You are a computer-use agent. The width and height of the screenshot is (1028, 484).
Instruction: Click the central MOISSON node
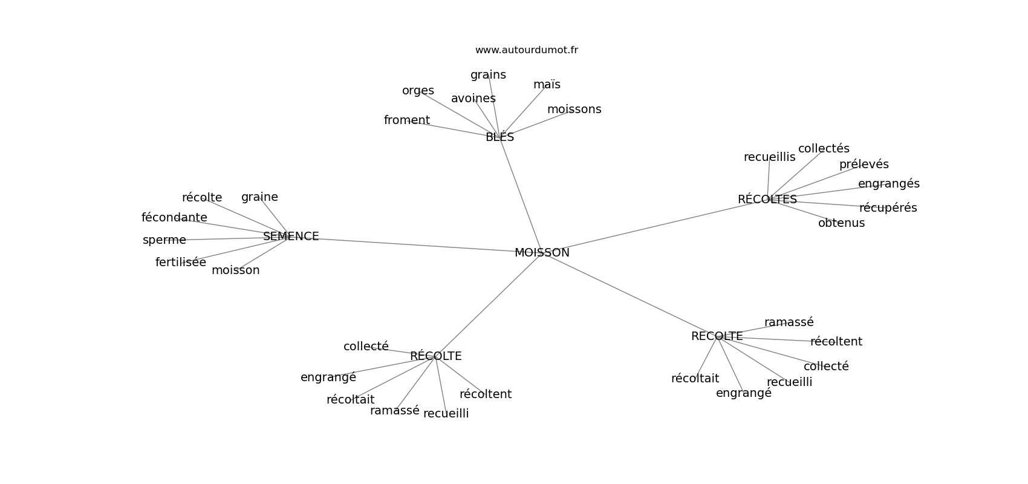542,253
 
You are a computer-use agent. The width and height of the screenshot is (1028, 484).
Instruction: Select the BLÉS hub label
499,137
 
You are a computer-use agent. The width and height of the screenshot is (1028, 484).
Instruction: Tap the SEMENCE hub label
291,237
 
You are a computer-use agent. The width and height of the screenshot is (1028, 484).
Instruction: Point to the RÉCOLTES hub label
767,200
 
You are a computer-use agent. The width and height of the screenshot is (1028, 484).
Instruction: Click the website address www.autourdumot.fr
526,50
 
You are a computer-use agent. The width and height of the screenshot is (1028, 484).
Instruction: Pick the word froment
406,120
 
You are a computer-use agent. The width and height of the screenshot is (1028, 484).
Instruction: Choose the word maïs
547,85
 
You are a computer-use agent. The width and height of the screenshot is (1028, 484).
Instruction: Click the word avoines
473,99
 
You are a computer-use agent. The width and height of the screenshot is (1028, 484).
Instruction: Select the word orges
418,91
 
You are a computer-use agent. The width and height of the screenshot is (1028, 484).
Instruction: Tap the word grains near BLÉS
488,75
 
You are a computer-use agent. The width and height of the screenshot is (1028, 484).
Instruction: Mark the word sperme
164,240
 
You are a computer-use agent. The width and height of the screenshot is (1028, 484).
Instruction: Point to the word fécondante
174,218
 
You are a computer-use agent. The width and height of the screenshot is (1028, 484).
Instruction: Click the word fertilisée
180,263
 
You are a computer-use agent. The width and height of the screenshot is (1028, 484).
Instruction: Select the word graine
259,197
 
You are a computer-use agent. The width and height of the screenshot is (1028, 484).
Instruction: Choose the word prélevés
864,165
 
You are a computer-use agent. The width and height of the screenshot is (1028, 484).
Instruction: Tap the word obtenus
841,223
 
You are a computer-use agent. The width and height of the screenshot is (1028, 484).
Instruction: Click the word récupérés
888,208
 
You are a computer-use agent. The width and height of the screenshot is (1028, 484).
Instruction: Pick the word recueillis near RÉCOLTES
769,157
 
